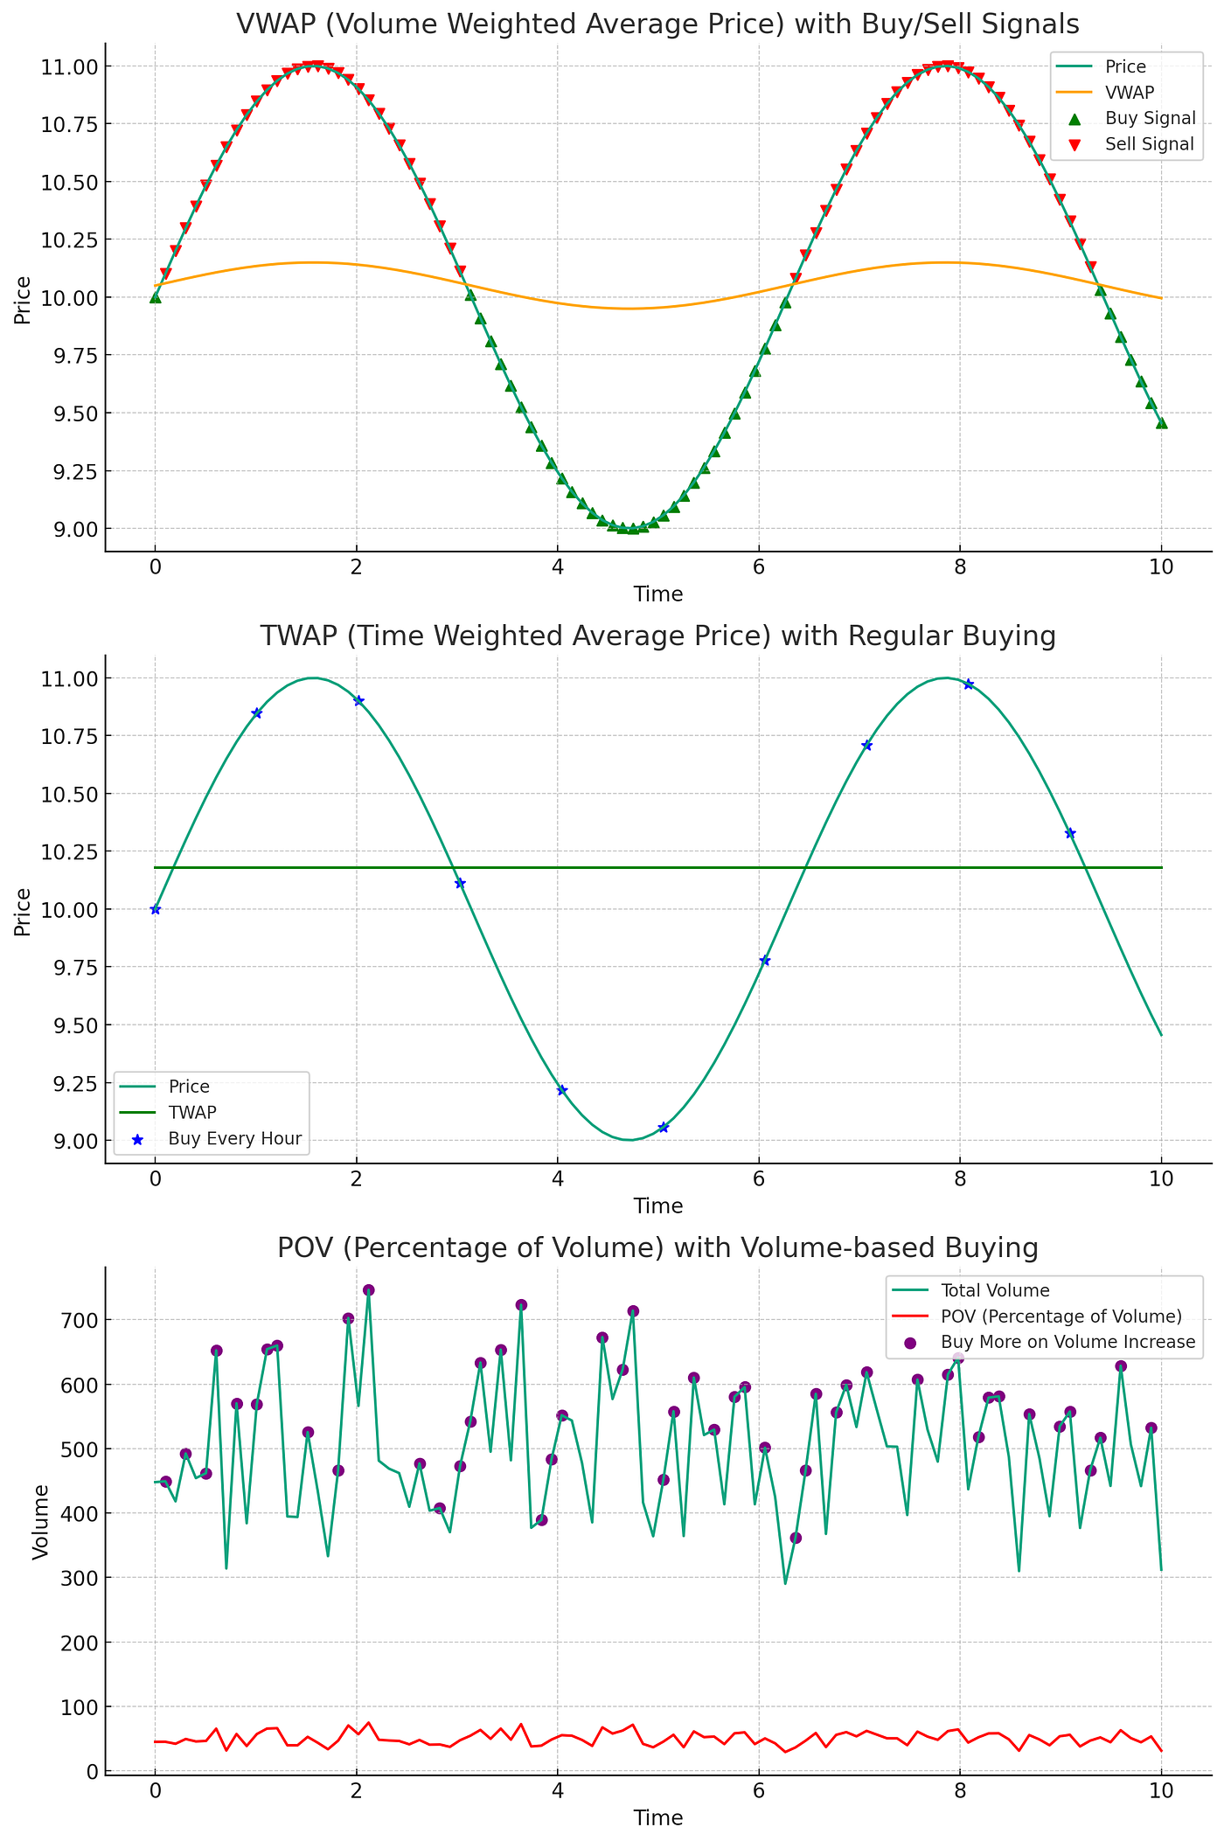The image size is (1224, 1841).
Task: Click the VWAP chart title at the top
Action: [657, 24]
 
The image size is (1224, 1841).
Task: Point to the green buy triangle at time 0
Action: [156, 297]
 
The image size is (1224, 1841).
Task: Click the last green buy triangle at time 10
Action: [1161, 423]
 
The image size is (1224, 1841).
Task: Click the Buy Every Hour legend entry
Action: [234, 1138]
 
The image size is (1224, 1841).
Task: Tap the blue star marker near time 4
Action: [562, 1089]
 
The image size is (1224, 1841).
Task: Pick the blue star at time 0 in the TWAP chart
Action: [156, 909]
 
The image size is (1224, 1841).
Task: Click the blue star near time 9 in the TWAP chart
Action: [1069, 833]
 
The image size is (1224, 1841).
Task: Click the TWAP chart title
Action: [657, 636]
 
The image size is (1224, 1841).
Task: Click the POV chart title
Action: [657, 1247]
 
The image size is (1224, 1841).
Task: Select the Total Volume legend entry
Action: [995, 1290]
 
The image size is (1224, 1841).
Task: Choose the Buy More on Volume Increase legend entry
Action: [1068, 1342]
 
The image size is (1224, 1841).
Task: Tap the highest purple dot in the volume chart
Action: [369, 1290]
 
